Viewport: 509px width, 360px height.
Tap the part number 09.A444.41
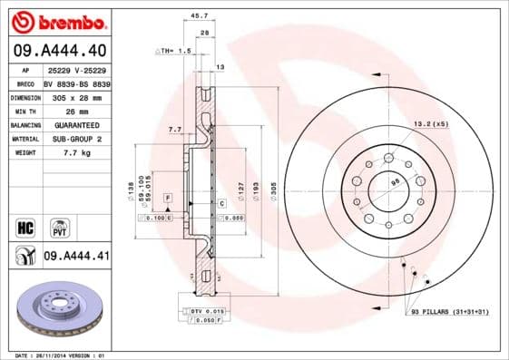tap(76, 257)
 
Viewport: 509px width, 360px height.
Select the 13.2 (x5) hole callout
tap(431, 123)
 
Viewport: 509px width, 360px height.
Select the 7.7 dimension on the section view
tap(174, 131)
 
